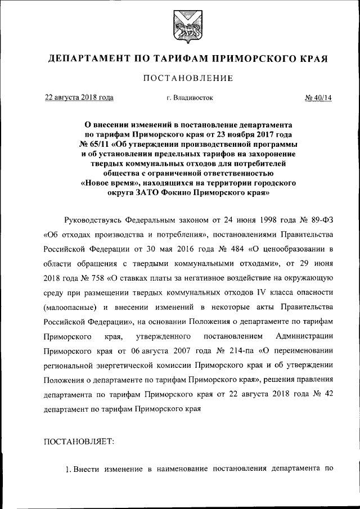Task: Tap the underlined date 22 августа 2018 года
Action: tap(79, 97)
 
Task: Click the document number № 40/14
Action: tap(318, 97)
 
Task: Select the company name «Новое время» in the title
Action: tap(109, 183)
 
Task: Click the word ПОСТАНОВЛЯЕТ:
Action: tap(79, 442)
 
